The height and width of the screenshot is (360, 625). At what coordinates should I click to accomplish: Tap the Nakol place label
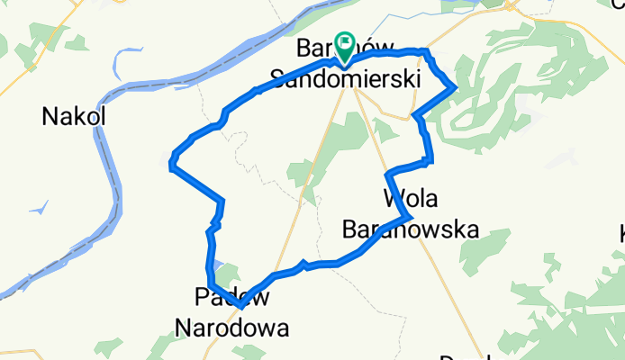[74, 116]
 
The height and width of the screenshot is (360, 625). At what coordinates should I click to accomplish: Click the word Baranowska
[410, 229]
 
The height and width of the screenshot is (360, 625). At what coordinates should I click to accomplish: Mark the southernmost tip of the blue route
[240, 307]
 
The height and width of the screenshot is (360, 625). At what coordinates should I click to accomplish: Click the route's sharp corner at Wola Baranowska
[411, 217]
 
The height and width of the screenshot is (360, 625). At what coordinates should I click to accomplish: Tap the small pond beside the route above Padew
[220, 267]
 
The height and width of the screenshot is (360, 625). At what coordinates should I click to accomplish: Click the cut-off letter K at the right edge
[620, 236]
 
